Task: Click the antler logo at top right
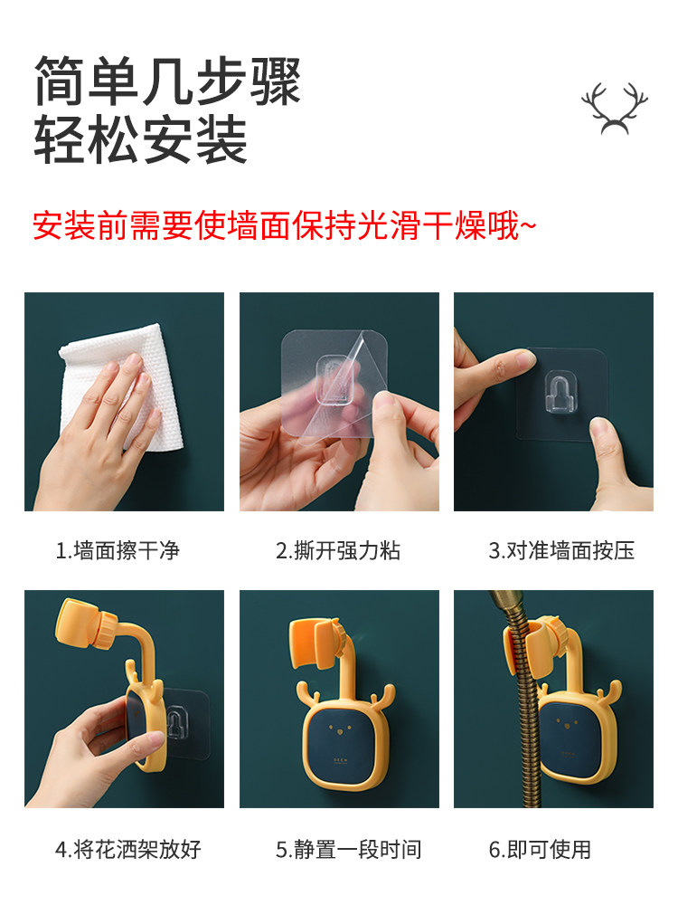(x=614, y=109)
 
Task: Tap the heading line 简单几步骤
(x=167, y=81)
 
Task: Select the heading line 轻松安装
(x=141, y=139)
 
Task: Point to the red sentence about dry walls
(x=284, y=225)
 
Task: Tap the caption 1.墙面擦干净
(x=118, y=550)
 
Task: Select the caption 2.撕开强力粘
(x=338, y=550)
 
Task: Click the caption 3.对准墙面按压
(x=561, y=550)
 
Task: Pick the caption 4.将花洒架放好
(x=128, y=850)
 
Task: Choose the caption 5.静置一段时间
(x=348, y=850)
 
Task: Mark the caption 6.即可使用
(x=541, y=850)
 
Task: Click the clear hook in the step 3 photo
(x=560, y=394)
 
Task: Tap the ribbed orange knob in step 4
(x=108, y=631)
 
